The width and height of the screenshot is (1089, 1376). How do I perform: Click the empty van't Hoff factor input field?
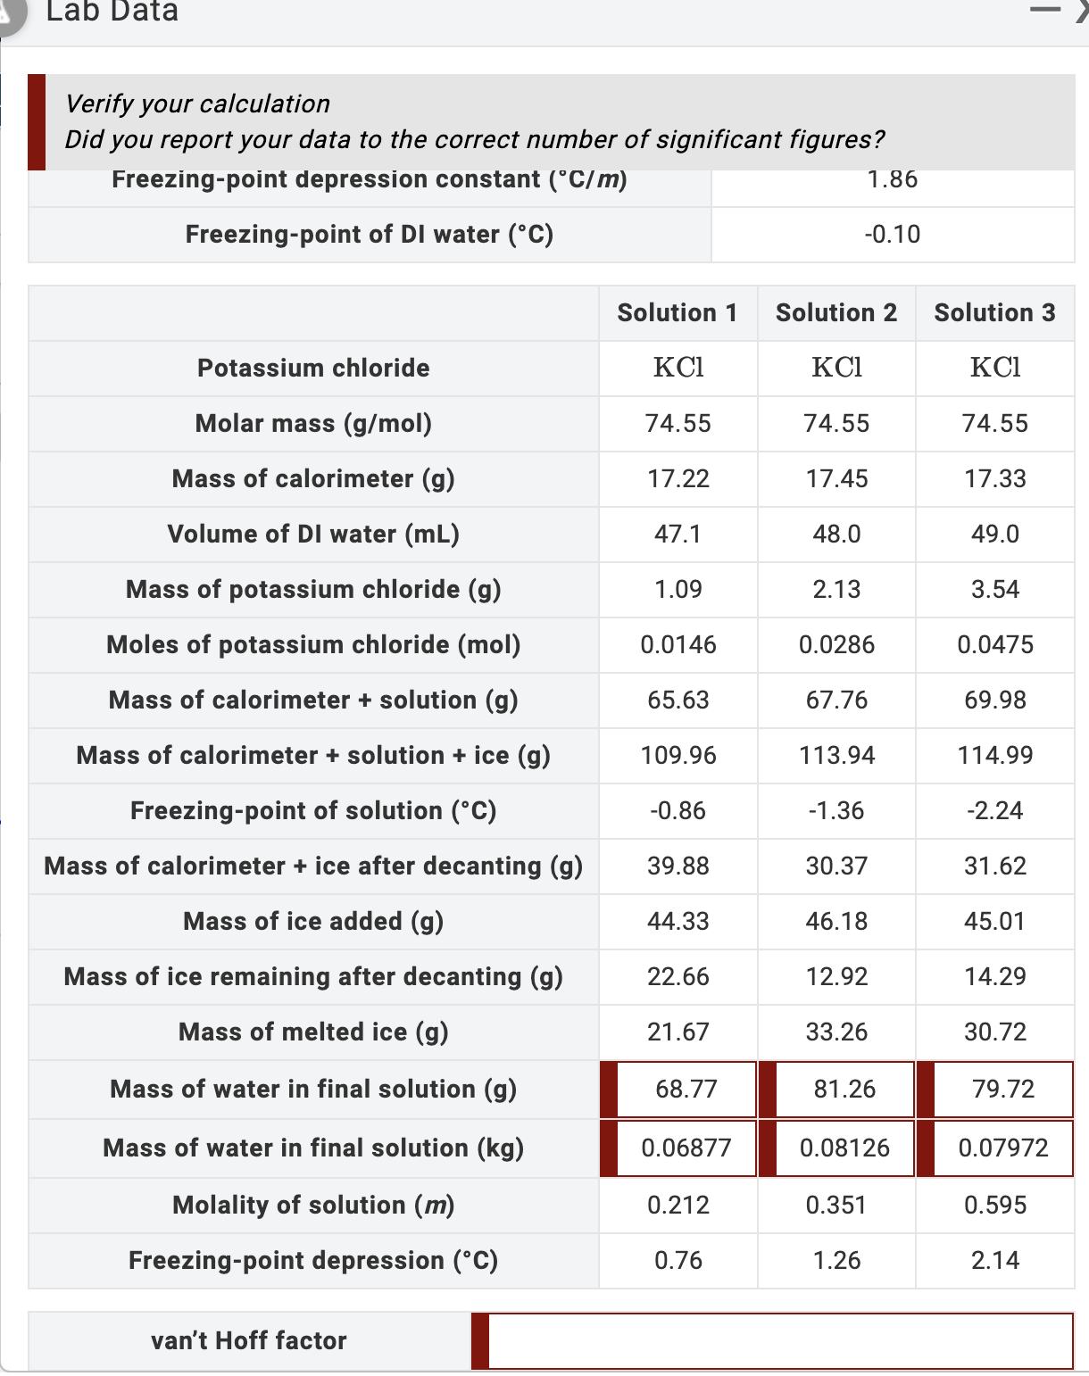point(779,1340)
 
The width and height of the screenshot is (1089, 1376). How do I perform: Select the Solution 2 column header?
point(836,313)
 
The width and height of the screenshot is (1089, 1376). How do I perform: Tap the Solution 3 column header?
point(994,313)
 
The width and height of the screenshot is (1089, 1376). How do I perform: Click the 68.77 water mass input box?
point(686,1090)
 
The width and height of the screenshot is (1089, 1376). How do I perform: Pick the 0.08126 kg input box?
point(844,1148)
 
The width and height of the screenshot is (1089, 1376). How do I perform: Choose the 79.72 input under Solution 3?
point(1002,1090)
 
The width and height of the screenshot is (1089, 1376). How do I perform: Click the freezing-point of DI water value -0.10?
point(893,235)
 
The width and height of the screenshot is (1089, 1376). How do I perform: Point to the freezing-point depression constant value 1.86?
point(893,179)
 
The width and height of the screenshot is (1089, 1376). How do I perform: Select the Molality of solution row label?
point(313,1206)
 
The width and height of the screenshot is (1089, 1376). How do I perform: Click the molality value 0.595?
point(995,1206)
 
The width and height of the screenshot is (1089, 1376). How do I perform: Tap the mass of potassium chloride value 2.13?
point(836,590)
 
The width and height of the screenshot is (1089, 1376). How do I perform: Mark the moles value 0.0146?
point(678,645)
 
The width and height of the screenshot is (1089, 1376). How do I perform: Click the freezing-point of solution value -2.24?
point(995,811)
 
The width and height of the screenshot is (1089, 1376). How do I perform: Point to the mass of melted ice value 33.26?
point(836,1032)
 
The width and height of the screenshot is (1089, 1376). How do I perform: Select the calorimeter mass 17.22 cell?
point(678,479)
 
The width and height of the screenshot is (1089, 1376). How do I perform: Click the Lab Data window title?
point(112,12)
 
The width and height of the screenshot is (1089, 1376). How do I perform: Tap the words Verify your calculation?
point(197,104)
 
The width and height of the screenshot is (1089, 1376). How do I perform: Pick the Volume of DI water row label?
point(313,535)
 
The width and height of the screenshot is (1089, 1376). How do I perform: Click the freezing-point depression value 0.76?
point(678,1261)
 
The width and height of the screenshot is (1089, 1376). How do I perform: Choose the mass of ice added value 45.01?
point(995,922)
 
